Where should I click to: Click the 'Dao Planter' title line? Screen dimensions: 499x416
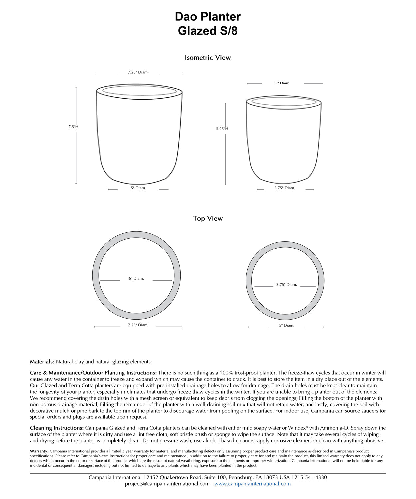pyautogui.click(x=208, y=17)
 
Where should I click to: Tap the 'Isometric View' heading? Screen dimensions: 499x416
pyautogui.click(x=208, y=58)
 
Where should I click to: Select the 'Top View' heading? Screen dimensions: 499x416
pyautogui.click(x=208, y=219)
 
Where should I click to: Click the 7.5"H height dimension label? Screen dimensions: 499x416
pyautogui.click(x=73, y=127)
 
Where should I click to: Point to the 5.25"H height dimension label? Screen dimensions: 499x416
pyautogui.click(x=222, y=129)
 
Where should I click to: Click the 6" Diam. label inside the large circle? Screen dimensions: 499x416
pyautogui.click(x=136, y=279)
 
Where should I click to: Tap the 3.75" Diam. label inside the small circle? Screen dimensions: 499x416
pyautogui.click(x=286, y=285)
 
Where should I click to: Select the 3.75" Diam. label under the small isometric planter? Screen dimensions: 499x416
pyautogui.click(x=285, y=188)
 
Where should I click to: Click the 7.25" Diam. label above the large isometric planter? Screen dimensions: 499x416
pyautogui.click(x=138, y=72)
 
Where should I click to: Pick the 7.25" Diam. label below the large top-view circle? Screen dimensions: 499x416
pyautogui.click(x=138, y=325)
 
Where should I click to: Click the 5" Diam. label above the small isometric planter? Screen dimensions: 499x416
pyautogui.click(x=283, y=83)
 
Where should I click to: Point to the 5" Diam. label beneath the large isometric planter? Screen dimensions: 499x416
pyautogui.click(x=138, y=188)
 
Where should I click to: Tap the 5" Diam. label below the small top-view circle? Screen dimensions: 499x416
pyautogui.click(x=287, y=325)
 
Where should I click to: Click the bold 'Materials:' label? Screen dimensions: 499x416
pyautogui.click(x=42, y=362)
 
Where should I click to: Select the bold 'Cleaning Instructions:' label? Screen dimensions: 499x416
pyautogui.click(x=57, y=428)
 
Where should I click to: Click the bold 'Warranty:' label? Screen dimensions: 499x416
pyautogui.click(x=39, y=451)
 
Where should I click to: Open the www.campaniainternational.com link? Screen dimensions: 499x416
pyautogui.click(x=252, y=484)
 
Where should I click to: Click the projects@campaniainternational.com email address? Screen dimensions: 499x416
pyautogui.click(x=167, y=484)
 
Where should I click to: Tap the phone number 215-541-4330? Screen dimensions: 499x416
pyautogui.click(x=311, y=477)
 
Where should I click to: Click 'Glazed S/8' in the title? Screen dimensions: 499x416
pyautogui.click(x=208, y=31)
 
